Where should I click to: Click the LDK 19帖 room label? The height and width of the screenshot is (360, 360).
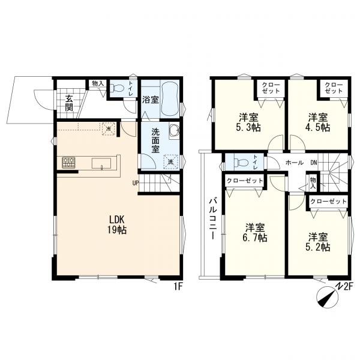pyautogui.click(x=117, y=224)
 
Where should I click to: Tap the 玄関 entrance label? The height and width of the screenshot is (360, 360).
pyautogui.click(x=68, y=103)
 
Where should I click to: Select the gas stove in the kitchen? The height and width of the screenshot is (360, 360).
pyautogui.click(x=68, y=163)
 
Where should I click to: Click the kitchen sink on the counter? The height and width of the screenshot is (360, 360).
pyautogui.click(x=101, y=163)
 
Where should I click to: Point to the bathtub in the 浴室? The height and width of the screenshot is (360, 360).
pyautogui.click(x=170, y=99)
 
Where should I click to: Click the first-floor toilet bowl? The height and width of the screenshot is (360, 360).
pyautogui.click(x=117, y=88)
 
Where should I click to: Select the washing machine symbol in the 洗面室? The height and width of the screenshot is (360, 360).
pyautogui.click(x=170, y=162)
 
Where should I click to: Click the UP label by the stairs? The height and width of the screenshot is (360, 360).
pyautogui.click(x=136, y=183)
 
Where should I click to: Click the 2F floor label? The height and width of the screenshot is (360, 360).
pyautogui.click(x=347, y=287)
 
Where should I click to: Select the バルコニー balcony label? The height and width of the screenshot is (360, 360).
pyautogui.click(x=212, y=219)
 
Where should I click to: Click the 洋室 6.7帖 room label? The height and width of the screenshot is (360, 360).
pyautogui.click(x=255, y=233)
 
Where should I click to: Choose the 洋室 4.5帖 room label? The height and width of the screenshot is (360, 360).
pyautogui.click(x=318, y=122)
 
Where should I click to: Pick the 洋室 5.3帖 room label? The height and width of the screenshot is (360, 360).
pyautogui.click(x=248, y=122)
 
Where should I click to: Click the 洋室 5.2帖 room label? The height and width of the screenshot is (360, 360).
pyautogui.click(x=318, y=242)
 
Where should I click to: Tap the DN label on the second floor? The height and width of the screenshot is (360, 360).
pyautogui.click(x=314, y=163)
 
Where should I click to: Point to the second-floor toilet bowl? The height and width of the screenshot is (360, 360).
pyautogui.click(x=241, y=163)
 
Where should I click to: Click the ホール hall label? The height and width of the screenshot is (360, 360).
pyautogui.click(x=295, y=163)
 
